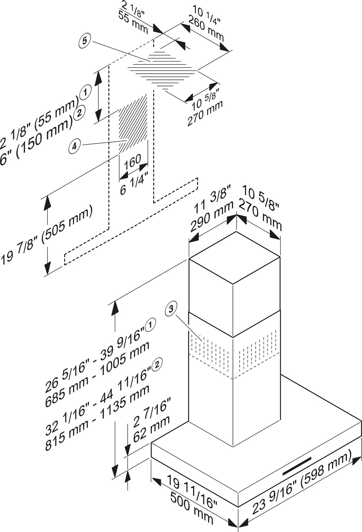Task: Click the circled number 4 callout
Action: [75, 145]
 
